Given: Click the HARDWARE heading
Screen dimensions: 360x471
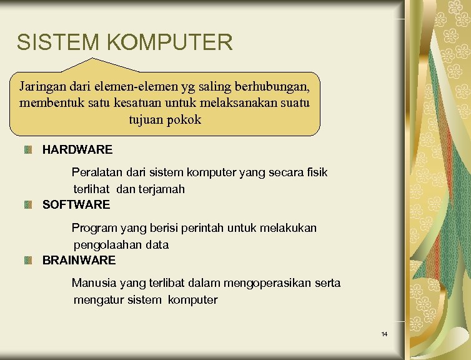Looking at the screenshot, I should (x=77, y=150).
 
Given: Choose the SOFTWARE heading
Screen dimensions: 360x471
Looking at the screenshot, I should (x=76, y=204).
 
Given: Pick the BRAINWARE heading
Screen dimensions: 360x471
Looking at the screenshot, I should (x=79, y=260).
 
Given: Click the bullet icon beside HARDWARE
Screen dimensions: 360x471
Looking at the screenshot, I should (x=28, y=150).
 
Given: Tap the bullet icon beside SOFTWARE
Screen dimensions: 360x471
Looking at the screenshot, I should (x=28, y=204).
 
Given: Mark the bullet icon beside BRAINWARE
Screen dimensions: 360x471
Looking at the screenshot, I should (x=28, y=260).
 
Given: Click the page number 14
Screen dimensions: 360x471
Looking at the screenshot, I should (x=384, y=334).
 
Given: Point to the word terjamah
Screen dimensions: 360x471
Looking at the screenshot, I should (x=161, y=189).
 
